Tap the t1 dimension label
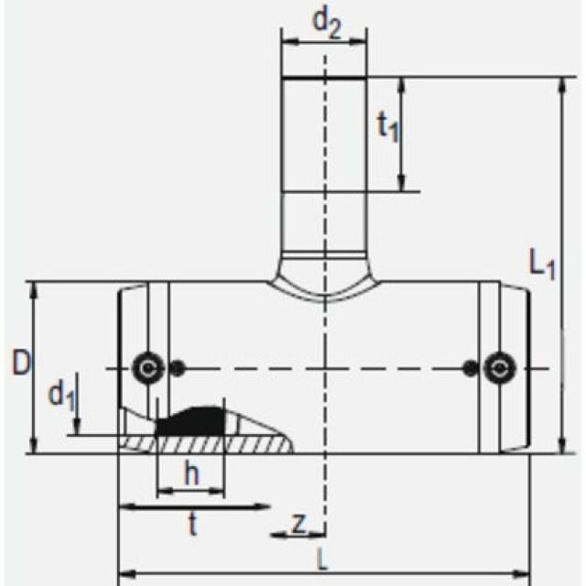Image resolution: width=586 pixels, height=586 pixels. [388, 126]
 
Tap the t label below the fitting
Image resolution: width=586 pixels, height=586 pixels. [192, 524]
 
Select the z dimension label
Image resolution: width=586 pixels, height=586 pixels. [298, 523]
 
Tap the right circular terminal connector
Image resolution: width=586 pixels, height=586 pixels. [499, 368]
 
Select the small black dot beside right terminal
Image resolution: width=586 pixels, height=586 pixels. [469, 368]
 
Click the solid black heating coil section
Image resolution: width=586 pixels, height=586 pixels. [192, 422]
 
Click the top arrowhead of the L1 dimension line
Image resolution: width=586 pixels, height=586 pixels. [560, 85]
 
